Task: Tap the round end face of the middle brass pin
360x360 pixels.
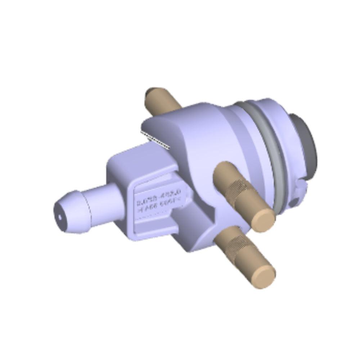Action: (x=263, y=219)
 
